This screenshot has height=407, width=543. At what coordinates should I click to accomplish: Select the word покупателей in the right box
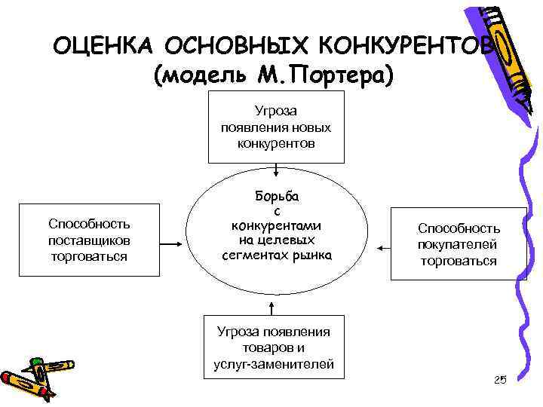coord(459,244)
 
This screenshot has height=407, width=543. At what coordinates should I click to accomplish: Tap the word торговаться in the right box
coord(459,261)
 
